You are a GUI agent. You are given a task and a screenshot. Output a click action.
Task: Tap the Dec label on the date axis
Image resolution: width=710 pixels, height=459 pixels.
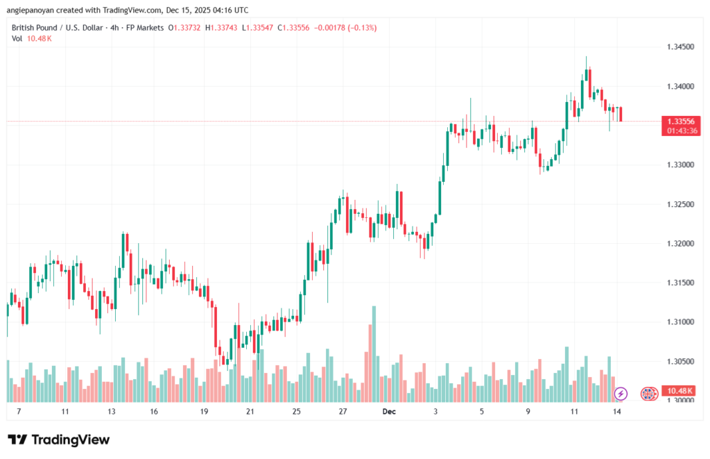click(x=388, y=411)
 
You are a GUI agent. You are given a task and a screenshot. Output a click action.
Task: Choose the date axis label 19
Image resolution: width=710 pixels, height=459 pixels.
click(x=204, y=411)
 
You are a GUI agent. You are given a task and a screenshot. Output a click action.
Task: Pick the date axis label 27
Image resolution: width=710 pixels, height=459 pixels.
click(x=343, y=411)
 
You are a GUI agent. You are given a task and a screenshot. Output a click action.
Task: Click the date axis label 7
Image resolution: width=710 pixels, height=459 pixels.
click(x=19, y=411)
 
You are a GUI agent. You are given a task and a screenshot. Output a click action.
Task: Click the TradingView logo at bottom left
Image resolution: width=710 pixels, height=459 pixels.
click(x=58, y=440)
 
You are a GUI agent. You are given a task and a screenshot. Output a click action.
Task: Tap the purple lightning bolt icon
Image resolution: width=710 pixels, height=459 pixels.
click(x=621, y=394)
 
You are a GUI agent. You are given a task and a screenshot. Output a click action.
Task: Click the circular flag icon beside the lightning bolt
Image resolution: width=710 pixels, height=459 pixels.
click(x=649, y=394)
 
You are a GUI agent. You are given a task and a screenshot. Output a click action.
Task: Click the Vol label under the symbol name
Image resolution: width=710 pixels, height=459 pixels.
click(x=17, y=38)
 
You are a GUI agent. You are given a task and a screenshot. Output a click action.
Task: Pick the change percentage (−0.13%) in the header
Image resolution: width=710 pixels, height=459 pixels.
click(x=358, y=27)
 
